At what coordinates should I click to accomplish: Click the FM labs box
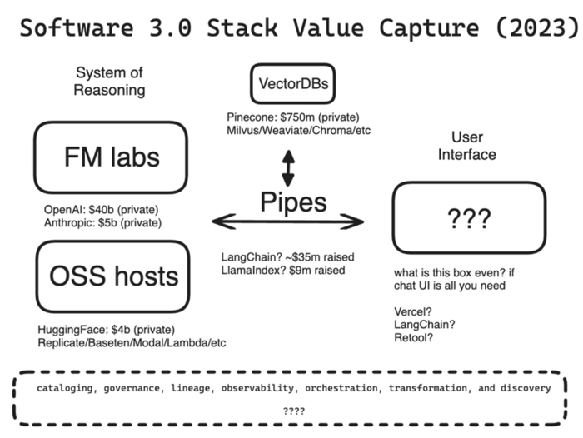110,157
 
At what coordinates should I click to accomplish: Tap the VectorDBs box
292,84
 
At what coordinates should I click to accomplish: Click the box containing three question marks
469,220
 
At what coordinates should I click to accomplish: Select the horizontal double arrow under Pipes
288,221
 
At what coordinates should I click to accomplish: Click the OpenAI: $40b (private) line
101,209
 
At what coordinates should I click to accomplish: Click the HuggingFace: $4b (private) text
106,330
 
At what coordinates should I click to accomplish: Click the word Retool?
413,337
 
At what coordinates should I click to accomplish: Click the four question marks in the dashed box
294,411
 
